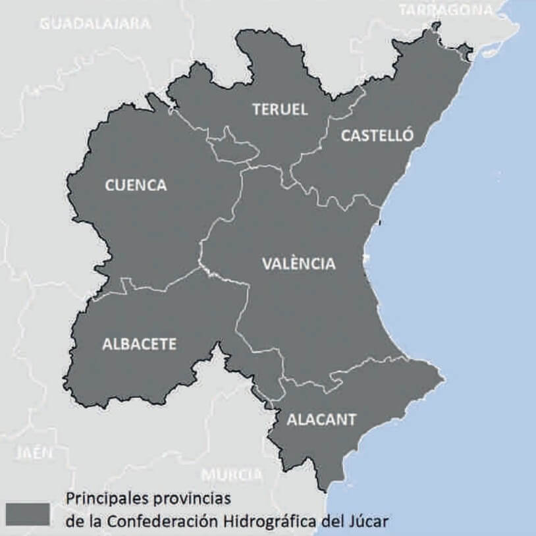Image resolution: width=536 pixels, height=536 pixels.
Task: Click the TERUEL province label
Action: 280,110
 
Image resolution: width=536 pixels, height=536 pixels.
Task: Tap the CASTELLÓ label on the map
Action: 377,136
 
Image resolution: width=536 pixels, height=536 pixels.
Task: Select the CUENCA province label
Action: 136,186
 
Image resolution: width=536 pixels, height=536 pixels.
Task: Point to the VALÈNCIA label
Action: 299,264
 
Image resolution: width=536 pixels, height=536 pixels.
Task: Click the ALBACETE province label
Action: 139,344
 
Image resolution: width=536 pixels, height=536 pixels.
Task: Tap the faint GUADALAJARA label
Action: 95,24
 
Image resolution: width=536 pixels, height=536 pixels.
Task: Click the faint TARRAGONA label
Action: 445,9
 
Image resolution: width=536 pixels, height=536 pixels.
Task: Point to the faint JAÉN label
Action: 34,453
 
